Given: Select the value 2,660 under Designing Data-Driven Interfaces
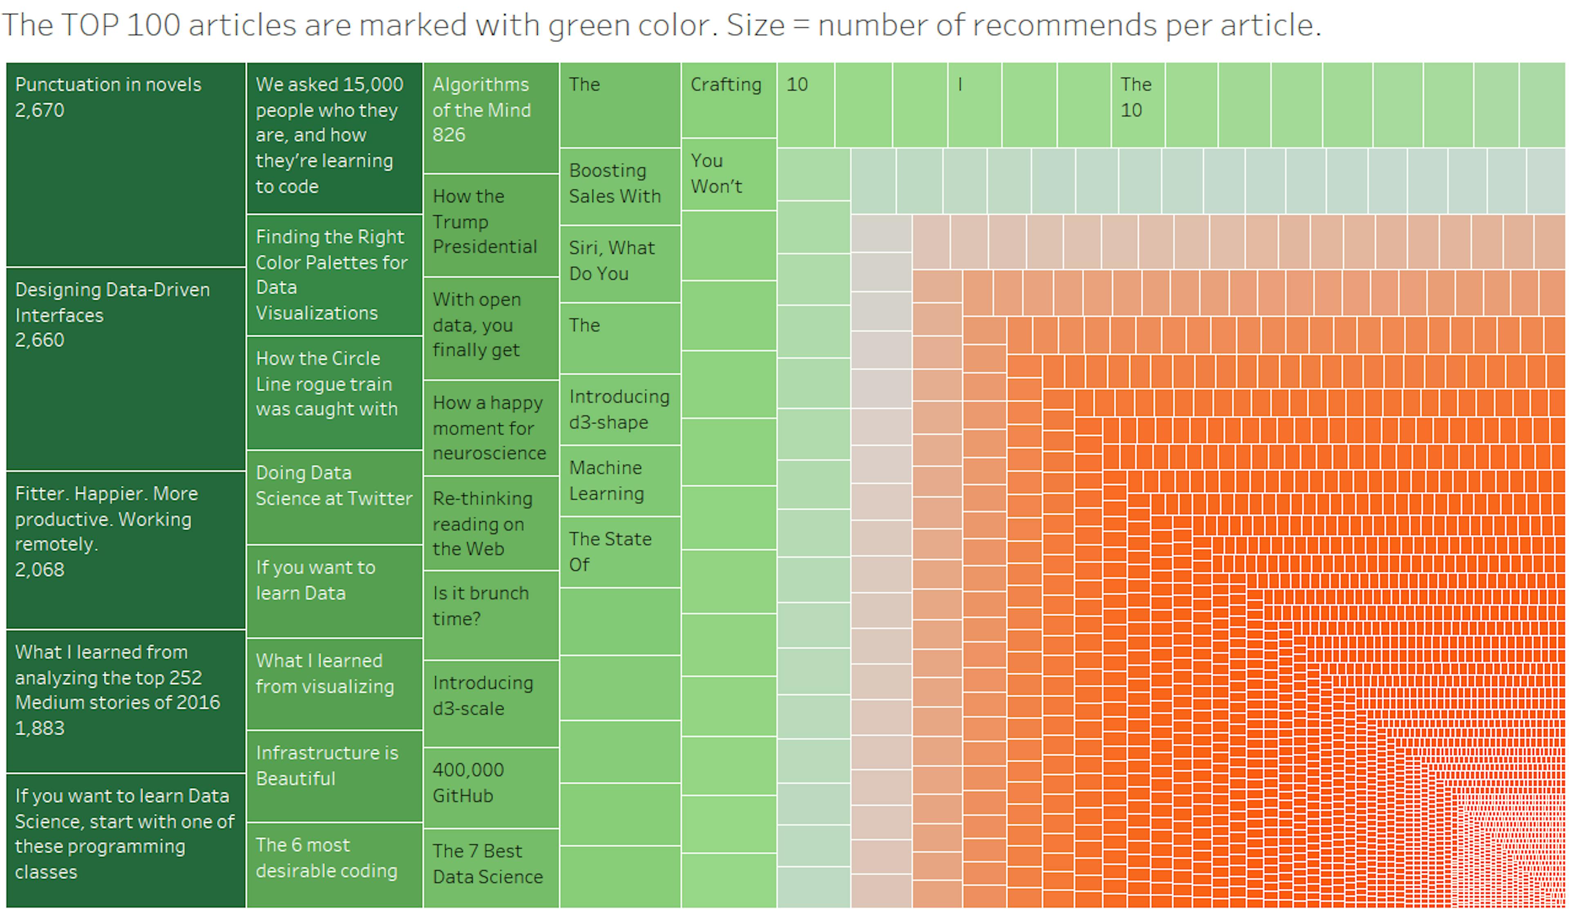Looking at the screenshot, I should (x=39, y=340).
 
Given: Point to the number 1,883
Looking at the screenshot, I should (x=39, y=728).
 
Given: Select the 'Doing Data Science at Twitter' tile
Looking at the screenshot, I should (x=334, y=497).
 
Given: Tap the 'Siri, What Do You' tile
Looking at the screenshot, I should (x=619, y=264).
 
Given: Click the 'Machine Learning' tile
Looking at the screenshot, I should (x=619, y=480).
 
